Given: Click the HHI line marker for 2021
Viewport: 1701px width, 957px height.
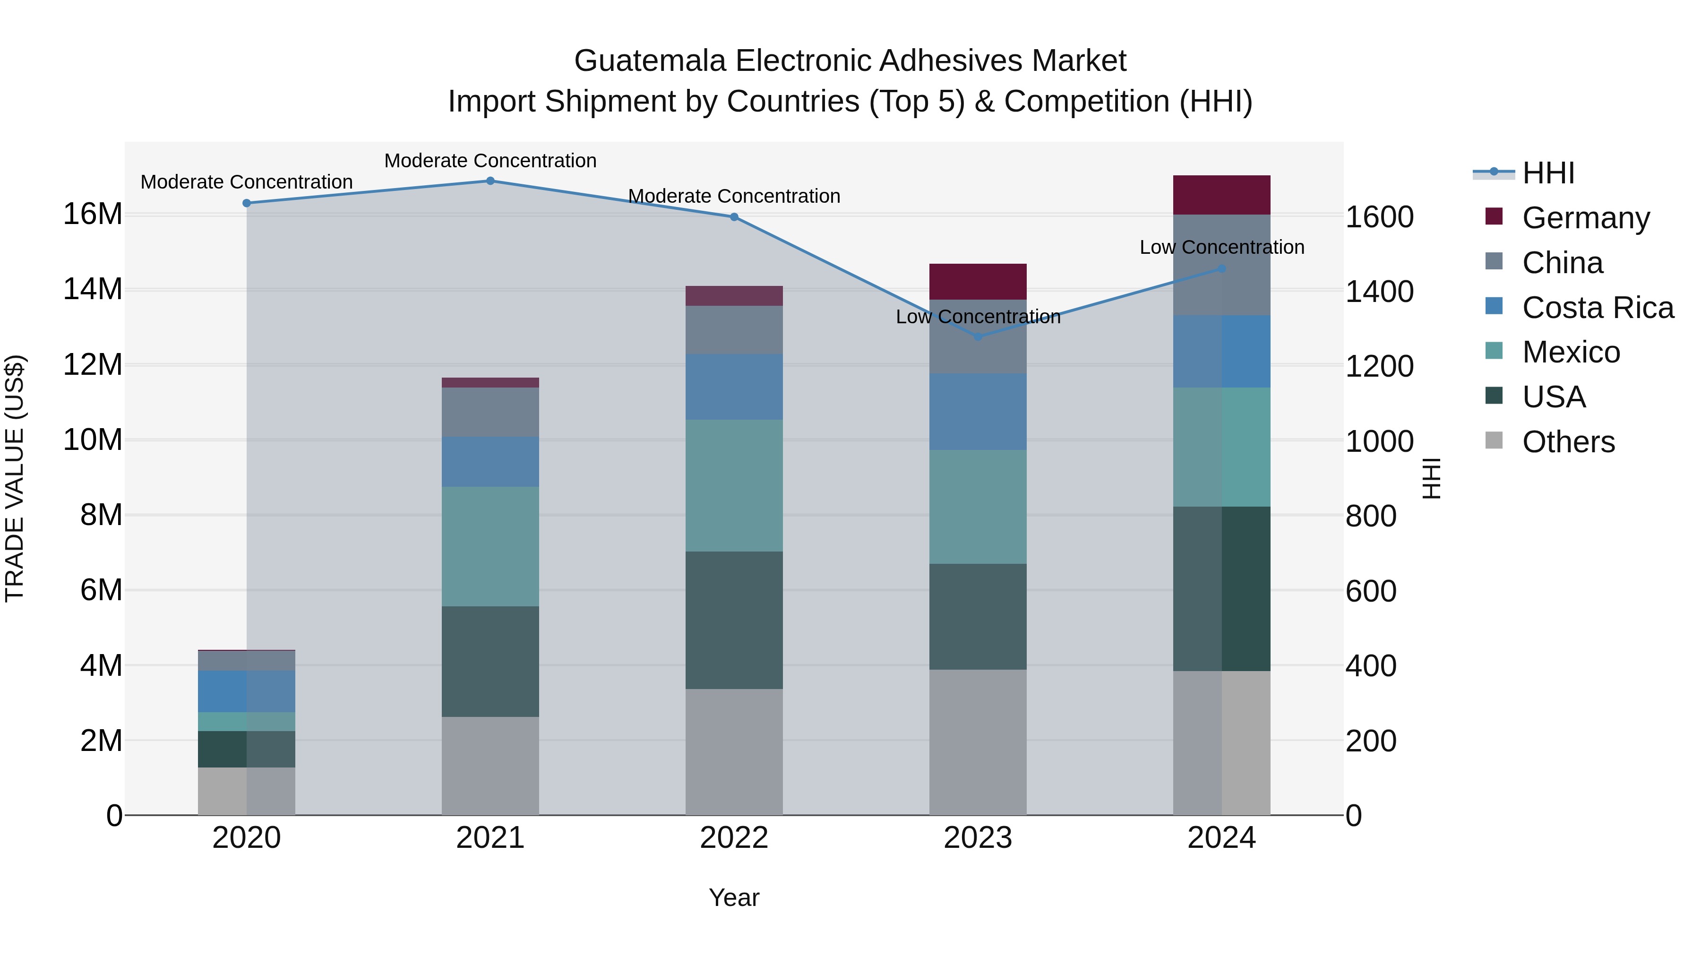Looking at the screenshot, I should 490,181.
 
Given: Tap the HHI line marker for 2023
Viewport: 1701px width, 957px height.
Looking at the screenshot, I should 978,337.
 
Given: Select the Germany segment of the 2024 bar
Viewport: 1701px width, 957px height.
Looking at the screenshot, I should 1221,196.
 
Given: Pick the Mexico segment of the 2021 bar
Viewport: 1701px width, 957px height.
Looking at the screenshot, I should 490,547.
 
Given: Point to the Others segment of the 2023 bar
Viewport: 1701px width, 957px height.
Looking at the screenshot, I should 978,742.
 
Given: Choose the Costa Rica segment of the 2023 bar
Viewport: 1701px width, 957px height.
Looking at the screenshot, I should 978,412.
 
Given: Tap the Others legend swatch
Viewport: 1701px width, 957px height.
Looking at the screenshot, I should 1494,440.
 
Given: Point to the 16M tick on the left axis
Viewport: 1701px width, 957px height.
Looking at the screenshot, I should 93,214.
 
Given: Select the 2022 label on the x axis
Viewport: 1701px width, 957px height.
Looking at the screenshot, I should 734,838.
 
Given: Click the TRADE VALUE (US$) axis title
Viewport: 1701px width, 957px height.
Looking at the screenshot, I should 15,478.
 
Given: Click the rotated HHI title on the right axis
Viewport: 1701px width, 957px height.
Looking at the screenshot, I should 1432,478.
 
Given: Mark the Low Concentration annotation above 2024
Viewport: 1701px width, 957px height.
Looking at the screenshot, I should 1221,248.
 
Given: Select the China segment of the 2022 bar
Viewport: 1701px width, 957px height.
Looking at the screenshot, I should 734,329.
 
